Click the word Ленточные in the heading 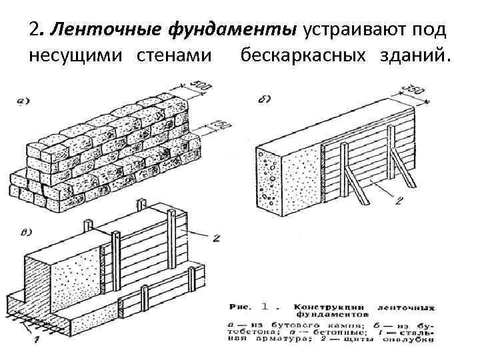click(92, 30)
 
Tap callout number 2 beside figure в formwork click(215, 238)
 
